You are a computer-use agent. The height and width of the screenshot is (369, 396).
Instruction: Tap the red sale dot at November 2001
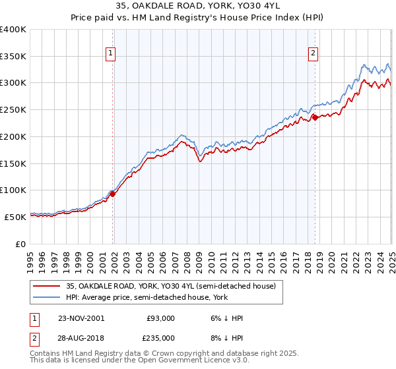coord(113,194)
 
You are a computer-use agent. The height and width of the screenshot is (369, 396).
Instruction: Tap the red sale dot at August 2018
coord(315,118)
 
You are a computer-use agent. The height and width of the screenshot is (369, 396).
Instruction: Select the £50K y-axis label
coord(16,217)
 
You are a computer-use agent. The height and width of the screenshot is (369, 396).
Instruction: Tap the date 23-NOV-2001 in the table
coord(81,318)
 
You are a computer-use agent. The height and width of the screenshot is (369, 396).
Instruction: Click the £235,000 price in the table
coord(160,337)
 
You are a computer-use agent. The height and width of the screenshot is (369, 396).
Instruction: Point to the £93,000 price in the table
coord(160,318)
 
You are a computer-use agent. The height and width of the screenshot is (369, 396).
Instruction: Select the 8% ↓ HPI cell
coord(226,337)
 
